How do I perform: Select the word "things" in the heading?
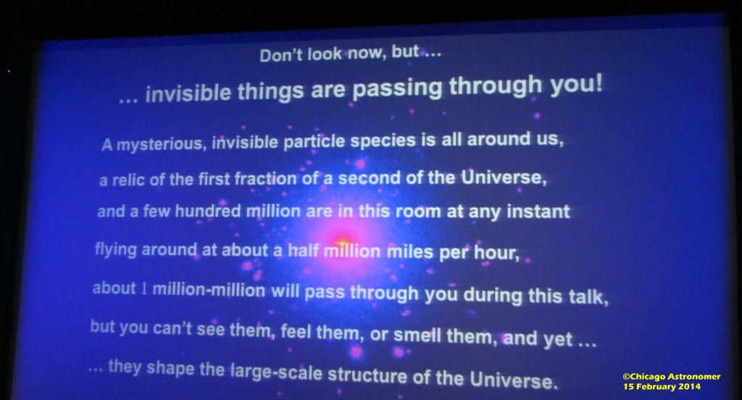coord(270,90)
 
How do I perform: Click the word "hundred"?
coord(208,211)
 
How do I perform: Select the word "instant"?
coord(538,211)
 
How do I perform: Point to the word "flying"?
coord(115,249)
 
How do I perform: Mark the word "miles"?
coord(410,251)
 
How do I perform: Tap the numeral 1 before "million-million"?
coord(144,288)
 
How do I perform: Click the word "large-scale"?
coord(276,372)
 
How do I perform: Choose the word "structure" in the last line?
coord(367,375)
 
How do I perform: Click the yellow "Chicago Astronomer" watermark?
coord(672,377)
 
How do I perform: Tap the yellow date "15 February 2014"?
coord(662,386)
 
